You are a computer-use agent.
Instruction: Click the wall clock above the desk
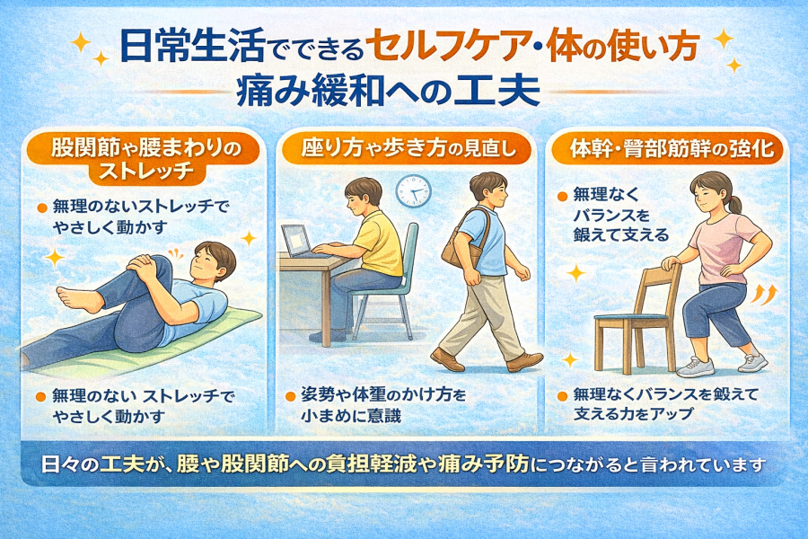coord(413,191)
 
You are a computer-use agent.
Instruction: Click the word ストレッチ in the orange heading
coord(145,171)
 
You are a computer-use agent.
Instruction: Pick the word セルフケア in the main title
coord(455,48)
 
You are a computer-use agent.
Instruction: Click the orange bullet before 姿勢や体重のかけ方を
coord(290,396)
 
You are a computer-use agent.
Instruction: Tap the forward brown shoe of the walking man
coord(524,361)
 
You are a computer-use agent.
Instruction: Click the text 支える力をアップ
coord(633,413)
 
